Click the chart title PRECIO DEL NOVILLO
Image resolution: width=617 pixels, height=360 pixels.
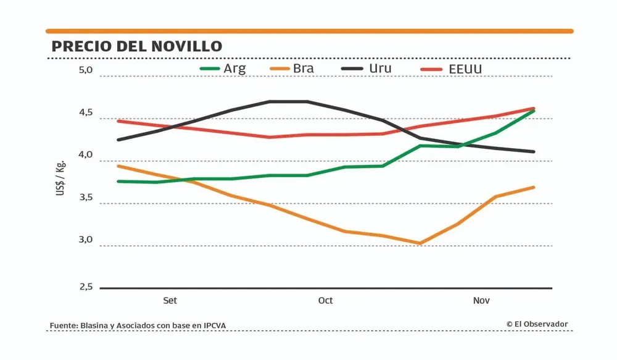pyautogui.click(x=136, y=46)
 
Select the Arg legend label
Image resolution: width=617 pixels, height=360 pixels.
pyautogui.click(x=234, y=69)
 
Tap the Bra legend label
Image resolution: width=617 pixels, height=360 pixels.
pyautogui.click(x=303, y=69)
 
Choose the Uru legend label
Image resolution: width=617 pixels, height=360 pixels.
pyautogui.click(x=380, y=69)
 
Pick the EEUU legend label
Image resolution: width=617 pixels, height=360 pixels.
pyautogui.click(x=466, y=69)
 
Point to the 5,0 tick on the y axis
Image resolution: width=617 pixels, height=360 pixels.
pyautogui.click(x=85, y=70)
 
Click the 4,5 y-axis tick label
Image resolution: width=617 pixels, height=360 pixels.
pyautogui.click(x=85, y=113)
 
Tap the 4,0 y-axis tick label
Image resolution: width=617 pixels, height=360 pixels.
pyautogui.click(x=85, y=155)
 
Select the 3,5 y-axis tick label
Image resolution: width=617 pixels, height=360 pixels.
pyautogui.click(x=85, y=198)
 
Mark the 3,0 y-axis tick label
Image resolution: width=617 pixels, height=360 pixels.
pyautogui.click(x=85, y=240)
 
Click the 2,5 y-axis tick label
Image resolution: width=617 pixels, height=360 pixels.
pyautogui.click(x=85, y=287)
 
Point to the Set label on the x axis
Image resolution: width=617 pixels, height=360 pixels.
pyautogui.click(x=170, y=301)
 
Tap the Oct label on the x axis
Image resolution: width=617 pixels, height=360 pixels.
pyautogui.click(x=325, y=301)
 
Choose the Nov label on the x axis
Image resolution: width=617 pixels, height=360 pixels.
pyautogui.click(x=481, y=301)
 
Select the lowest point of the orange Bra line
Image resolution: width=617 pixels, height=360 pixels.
pyautogui.click(x=420, y=243)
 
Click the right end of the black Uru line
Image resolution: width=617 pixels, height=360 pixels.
pyautogui.click(x=534, y=151)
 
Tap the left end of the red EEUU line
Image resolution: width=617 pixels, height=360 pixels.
pyautogui.click(x=118, y=121)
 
